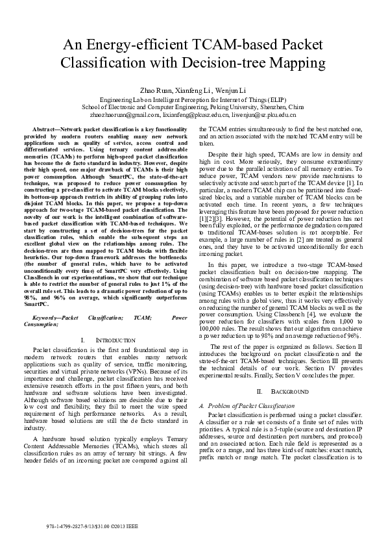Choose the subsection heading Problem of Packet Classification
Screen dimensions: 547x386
(x=256, y=404)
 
